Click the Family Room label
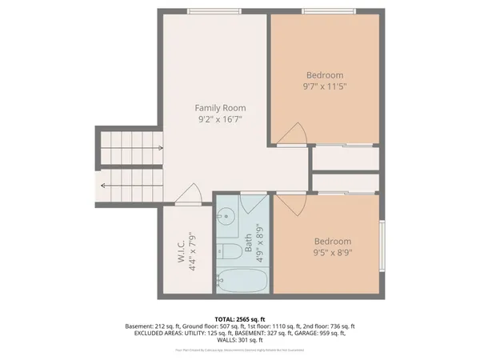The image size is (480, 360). tap(220, 107)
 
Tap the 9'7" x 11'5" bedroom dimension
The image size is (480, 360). tap(324, 85)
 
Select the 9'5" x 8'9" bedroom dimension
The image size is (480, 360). tap(332, 254)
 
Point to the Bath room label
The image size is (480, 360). tap(248, 238)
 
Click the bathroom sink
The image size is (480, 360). tap(227, 216)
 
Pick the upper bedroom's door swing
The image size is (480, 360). tap(294, 134)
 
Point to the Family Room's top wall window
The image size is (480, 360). tap(212, 11)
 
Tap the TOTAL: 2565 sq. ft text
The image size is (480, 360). tap(240, 318)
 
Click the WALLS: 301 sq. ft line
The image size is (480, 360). tap(240, 341)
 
